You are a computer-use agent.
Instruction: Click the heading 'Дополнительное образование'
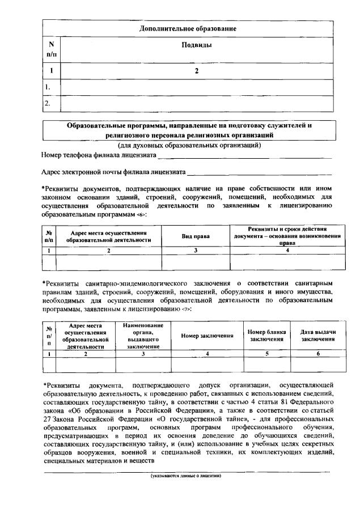[188, 28]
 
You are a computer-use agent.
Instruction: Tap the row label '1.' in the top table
[48, 87]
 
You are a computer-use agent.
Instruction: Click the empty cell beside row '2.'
[196, 104]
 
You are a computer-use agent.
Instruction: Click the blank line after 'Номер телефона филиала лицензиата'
[237, 155]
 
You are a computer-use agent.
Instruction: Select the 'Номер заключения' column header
[207, 336]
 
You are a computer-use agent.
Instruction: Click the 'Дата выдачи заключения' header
[317, 336]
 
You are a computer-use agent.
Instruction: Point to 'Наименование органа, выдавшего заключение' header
[143, 336]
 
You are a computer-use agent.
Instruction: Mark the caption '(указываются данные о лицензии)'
[185, 476]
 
